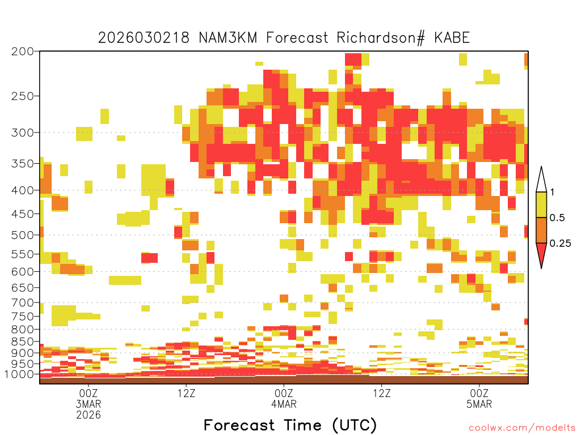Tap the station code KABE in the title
[x=452, y=38]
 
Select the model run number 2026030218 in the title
[x=144, y=38]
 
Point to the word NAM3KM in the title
[x=228, y=38]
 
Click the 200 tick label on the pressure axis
[x=23, y=51]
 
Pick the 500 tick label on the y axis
[x=23, y=235]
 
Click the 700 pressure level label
[x=23, y=302]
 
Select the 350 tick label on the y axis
[x=23, y=163]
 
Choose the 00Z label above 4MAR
[x=284, y=393]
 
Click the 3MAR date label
[x=89, y=404]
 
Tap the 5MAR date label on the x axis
[x=479, y=404]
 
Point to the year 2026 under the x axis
[x=89, y=415]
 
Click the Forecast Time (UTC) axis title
[x=290, y=425]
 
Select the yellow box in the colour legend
[x=541, y=204]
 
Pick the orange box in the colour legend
[x=541, y=230]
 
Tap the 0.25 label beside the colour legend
[x=560, y=244]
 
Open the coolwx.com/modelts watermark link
[x=523, y=428]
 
